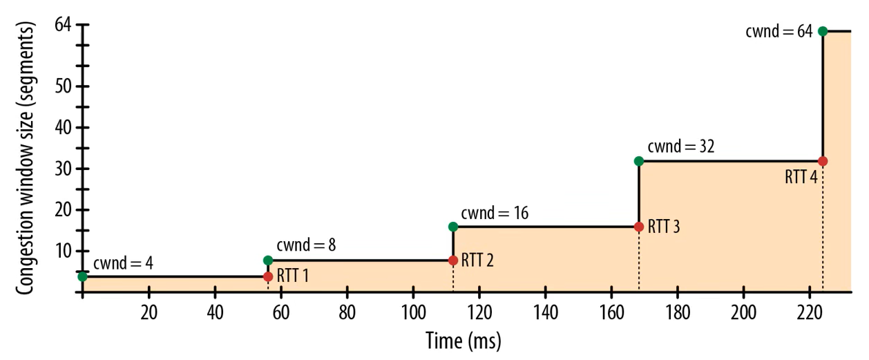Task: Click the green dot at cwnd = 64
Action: point(823,31)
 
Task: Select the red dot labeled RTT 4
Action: point(823,161)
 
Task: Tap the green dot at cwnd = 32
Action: point(638,161)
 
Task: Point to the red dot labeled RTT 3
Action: point(638,227)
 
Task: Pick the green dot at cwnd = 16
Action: point(453,227)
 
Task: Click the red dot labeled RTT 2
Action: point(453,260)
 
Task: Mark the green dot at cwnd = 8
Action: point(268,260)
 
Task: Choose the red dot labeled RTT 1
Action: point(268,276)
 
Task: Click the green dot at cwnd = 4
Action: point(83,276)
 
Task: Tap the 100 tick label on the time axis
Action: point(413,312)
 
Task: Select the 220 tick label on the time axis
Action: point(810,312)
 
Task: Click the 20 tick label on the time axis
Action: point(149,312)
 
